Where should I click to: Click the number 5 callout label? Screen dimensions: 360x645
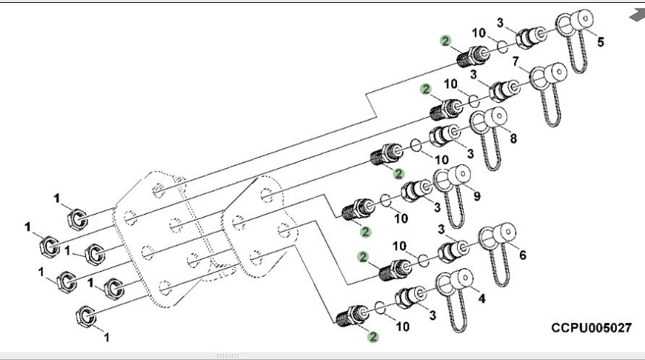pos(599,42)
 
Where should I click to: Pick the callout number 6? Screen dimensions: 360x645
pos(522,254)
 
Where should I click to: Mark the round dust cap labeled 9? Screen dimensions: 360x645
pos(458,175)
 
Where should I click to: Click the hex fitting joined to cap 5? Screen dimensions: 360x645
pos(526,38)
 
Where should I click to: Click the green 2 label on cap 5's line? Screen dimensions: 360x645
pos(445,41)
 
